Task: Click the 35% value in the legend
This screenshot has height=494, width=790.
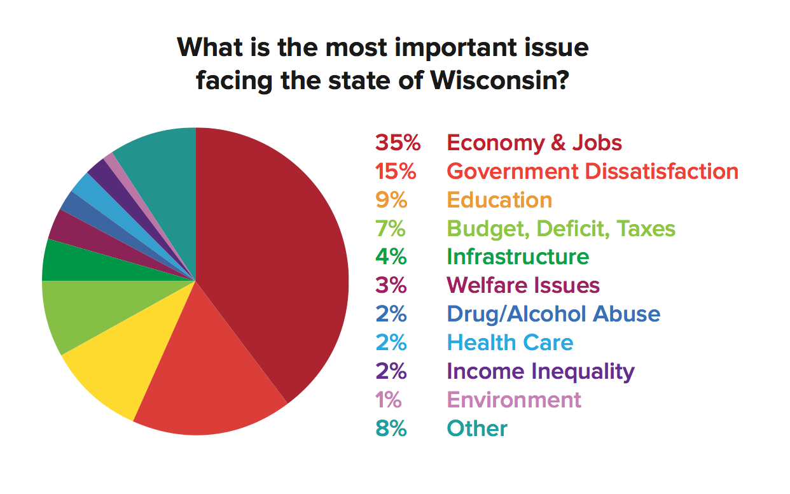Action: pyautogui.click(x=398, y=143)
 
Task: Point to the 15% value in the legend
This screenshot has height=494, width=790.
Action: pyautogui.click(x=398, y=171)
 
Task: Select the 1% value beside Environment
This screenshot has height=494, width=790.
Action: pyautogui.click(x=389, y=400)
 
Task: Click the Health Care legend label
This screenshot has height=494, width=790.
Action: pyautogui.click(x=509, y=342)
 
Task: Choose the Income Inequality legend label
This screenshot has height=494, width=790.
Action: pyautogui.click(x=540, y=371)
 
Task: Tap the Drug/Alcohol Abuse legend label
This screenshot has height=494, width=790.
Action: pyautogui.click(x=553, y=314)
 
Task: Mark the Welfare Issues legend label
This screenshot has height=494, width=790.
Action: pyautogui.click(x=523, y=285)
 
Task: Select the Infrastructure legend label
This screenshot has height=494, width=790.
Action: pyautogui.click(x=518, y=257)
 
